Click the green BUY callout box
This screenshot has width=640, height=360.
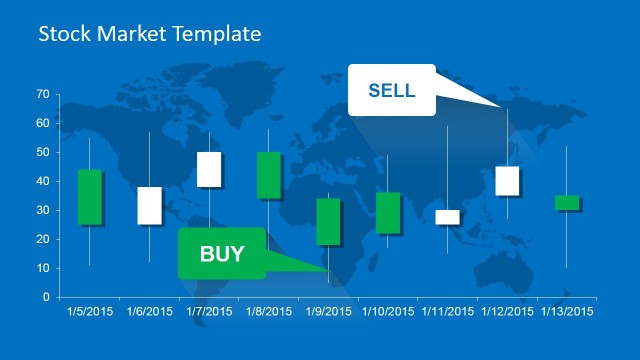click(221, 253)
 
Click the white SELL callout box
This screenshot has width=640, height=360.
click(391, 90)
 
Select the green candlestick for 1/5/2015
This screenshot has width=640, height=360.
click(90, 197)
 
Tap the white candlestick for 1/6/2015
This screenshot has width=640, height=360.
click(149, 205)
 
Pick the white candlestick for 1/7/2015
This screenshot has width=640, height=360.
click(209, 169)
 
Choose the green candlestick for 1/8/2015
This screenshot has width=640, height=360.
click(269, 175)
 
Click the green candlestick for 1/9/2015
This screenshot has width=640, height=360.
click(328, 221)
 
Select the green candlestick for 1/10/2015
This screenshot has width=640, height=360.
click(388, 213)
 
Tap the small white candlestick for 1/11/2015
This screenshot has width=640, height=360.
click(447, 217)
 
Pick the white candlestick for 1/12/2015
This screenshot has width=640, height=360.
click(507, 181)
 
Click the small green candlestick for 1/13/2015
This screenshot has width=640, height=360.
click(567, 202)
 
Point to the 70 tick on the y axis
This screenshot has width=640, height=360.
click(42, 94)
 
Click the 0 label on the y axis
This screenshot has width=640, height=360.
click(45, 297)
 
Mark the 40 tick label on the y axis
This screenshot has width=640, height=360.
click(42, 181)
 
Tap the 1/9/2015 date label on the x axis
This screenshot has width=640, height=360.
click(328, 312)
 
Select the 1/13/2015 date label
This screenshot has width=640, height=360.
click(566, 312)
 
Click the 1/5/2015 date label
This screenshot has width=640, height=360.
click(90, 312)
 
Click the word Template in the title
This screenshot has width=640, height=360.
click(216, 34)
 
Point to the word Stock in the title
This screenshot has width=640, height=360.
click(60, 34)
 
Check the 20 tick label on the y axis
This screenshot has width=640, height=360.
click(42, 239)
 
